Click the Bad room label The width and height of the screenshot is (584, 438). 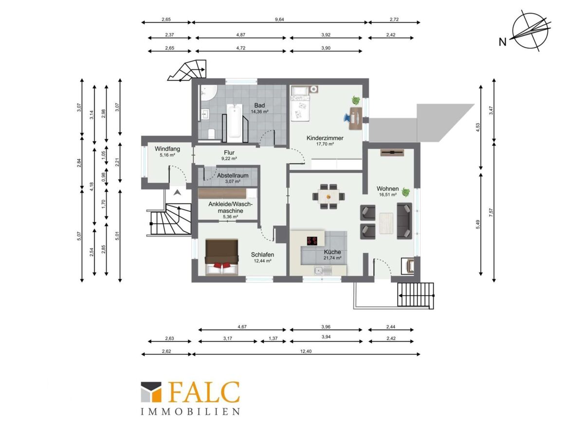[259, 105]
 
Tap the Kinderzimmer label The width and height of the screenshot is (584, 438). [325, 138]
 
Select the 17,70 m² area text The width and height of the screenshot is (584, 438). [325, 144]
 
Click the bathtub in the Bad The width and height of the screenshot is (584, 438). [235, 121]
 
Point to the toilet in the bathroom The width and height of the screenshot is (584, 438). [212, 134]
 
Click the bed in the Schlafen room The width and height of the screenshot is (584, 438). [221, 257]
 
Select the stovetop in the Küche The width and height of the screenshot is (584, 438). [312, 241]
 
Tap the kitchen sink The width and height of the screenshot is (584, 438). [322, 271]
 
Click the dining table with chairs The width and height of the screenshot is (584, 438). [328, 197]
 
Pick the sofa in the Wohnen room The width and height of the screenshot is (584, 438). [404, 221]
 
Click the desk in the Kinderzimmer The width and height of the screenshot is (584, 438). [356, 118]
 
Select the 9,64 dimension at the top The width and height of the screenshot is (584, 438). [279, 19]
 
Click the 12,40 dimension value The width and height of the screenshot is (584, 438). [306, 351]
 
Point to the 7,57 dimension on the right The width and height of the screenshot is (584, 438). [491, 212]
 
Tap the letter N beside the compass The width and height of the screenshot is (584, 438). [502, 42]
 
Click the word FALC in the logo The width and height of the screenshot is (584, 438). [204, 392]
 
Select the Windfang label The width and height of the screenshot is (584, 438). [167, 149]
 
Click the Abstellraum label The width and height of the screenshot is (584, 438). [233, 176]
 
